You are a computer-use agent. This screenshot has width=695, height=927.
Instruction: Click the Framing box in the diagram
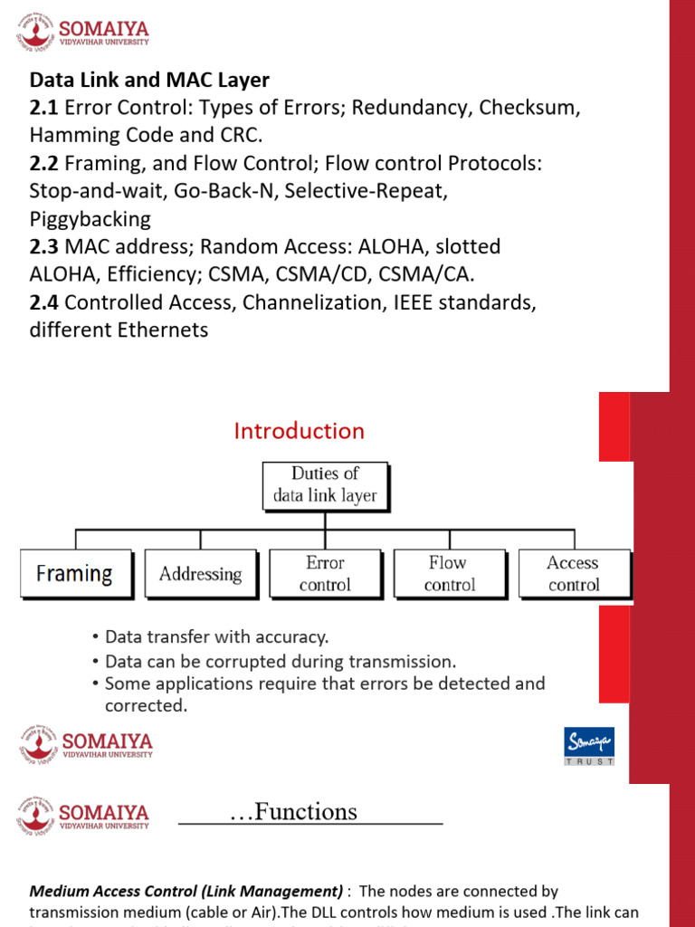click(x=74, y=574)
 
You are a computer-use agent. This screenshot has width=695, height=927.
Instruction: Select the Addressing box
click(x=200, y=574)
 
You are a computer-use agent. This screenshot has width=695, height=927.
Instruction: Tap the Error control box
click(x=325, y=574)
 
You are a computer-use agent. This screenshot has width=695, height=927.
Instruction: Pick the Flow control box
click(x=449, y=574)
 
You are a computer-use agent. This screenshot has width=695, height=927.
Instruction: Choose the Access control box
click(x=573, y=574)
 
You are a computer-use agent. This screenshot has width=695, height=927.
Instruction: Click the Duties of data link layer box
click(x=325, y=484)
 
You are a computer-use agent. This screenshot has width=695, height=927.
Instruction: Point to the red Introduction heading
click(x=299, y=431)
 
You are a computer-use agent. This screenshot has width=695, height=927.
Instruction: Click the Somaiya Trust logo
click(x=589, y=746)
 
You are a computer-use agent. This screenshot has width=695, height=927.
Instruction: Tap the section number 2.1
click(x=43, y=109)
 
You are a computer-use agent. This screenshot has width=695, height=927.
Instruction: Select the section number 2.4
click(x=43, y=302)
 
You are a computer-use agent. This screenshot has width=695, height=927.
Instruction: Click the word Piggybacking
click(x=90, y=219)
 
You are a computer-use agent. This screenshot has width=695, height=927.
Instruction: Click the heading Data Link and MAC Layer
click(x=149, y=81)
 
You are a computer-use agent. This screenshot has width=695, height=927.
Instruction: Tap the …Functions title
click(x=293, y=812)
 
